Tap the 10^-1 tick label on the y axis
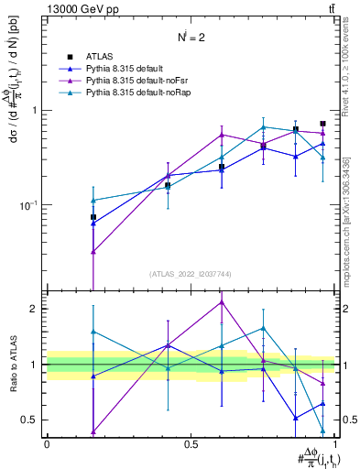(28, 205)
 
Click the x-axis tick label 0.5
(191, 443)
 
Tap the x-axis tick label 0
(47, 443)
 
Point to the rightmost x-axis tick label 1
(336, 443)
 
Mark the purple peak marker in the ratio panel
(221, 302)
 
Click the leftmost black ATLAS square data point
(93, 217)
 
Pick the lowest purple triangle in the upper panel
(93, 251)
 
